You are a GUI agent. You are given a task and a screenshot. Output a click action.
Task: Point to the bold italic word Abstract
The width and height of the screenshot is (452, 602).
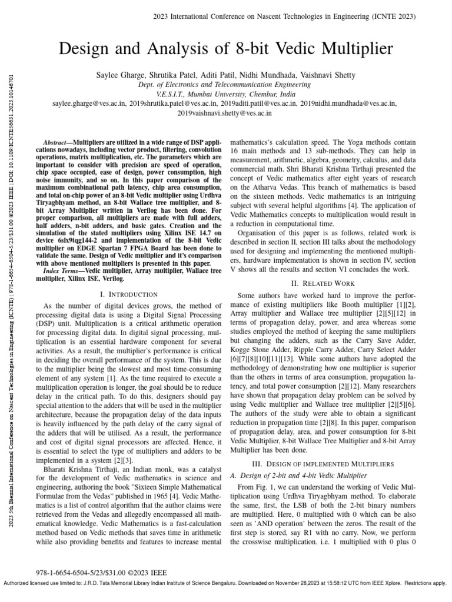58,143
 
